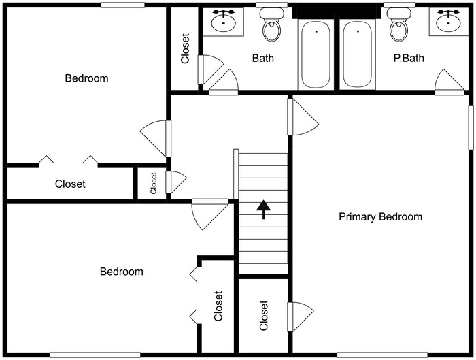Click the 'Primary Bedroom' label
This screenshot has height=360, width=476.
click(380, 217)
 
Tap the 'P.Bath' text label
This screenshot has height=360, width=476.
click(409, 59)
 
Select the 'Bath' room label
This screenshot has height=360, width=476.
click(263, 59)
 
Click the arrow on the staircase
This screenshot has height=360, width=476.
click(263, 209)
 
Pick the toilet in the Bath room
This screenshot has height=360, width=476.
click(272, 27)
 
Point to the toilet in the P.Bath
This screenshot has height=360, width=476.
click(398, 27)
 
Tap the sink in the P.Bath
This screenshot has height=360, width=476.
click(448, 22)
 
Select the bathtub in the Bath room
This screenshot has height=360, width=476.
click(316, 54)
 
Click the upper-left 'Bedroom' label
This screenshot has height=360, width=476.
click(86, 78)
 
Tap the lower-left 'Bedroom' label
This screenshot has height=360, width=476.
click(122, 272)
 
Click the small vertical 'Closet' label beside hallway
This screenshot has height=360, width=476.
click(154, 183)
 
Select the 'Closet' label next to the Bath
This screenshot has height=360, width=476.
click(185, 49)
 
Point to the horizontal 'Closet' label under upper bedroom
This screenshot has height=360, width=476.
click(70, 184)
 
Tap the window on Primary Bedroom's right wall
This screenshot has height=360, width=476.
click(471, 127)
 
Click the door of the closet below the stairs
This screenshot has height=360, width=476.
click(299, 316)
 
